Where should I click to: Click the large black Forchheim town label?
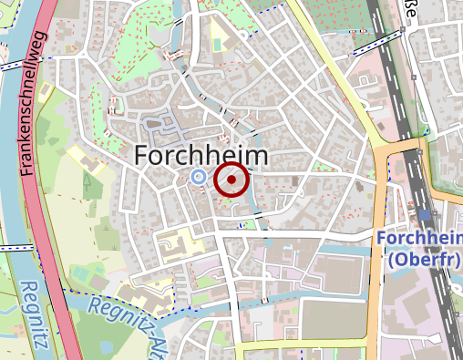(x=201, y=156)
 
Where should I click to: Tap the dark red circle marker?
(x=231, y=180)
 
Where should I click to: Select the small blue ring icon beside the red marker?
(x=199, y=177)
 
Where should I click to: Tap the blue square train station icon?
(x=426, y=214)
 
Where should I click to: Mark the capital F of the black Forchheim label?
(x=142, y=156)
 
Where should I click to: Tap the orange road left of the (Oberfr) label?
(x=376, y=264)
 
